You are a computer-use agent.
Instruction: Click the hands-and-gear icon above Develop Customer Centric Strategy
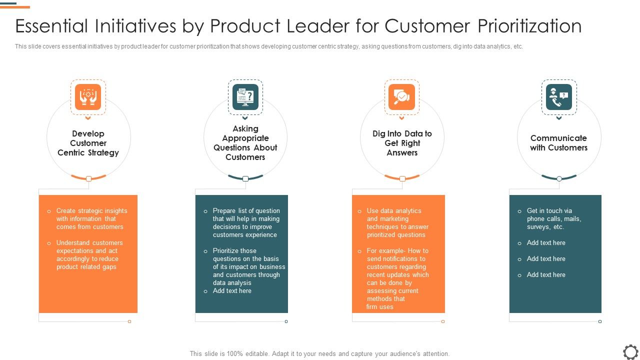(88, 97)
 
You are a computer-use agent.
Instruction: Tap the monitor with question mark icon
(245, 97)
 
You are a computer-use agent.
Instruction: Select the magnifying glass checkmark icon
(402, 97)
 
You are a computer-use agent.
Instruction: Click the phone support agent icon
(559, 97)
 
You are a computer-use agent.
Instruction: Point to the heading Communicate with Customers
(559, 143)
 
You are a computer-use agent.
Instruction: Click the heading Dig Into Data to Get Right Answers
(402, 143)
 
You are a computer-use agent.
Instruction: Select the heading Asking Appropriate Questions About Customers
(245, 143)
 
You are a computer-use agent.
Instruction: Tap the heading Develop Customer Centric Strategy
(88, 143)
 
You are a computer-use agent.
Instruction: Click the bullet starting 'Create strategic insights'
(91, 219)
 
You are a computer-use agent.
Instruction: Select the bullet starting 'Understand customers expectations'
(89, 255)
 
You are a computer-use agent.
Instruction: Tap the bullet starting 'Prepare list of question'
(246, 223)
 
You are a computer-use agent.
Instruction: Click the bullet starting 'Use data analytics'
(397, 223)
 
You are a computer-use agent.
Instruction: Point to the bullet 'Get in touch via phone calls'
(553, 219)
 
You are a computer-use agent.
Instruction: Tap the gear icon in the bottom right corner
(631, 351)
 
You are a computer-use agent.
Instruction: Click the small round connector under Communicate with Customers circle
(559, 178)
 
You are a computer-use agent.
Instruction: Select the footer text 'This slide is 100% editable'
(319, 353)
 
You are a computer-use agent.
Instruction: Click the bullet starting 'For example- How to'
(397, 279)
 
